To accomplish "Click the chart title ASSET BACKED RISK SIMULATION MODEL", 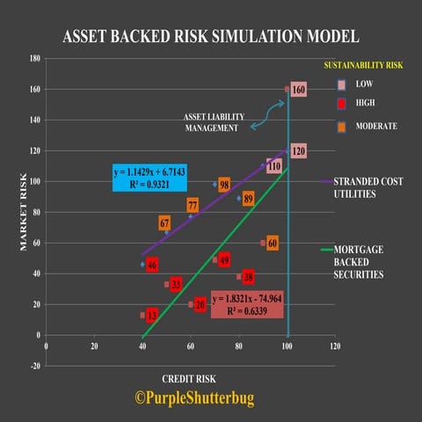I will (211, 37).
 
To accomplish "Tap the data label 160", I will (298, 90).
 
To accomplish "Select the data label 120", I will (298, 151).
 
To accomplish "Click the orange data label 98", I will (224, 185).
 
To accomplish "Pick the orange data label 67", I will (164, 223).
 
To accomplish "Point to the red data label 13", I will (152, 315).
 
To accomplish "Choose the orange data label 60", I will (272, 243).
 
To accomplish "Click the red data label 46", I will (152, 265).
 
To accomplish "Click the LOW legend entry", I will (363, 84).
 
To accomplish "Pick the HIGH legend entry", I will (364, 105).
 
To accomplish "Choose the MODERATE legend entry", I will (375, 126).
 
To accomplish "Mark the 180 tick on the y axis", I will (35, 59).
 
